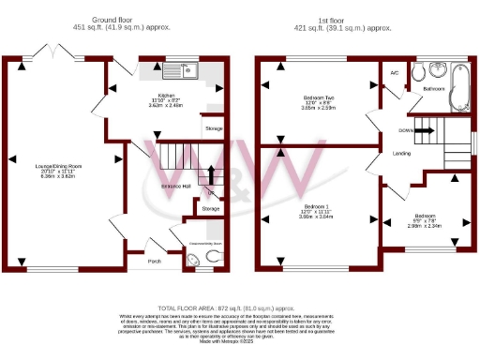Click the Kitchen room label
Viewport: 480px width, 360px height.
click(165, 97)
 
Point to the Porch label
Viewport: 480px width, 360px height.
click(155, 261)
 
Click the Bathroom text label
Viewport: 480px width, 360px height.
click(434, 88)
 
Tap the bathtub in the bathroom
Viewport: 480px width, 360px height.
click(457, 84)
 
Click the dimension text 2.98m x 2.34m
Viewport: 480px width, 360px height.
click(424, 226)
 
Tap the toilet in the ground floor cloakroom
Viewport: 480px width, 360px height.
click(212, 255)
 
